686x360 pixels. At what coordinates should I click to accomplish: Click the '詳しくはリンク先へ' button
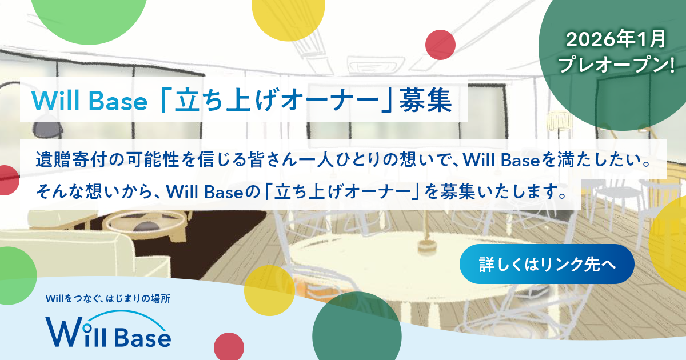click(x=547, y=264)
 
